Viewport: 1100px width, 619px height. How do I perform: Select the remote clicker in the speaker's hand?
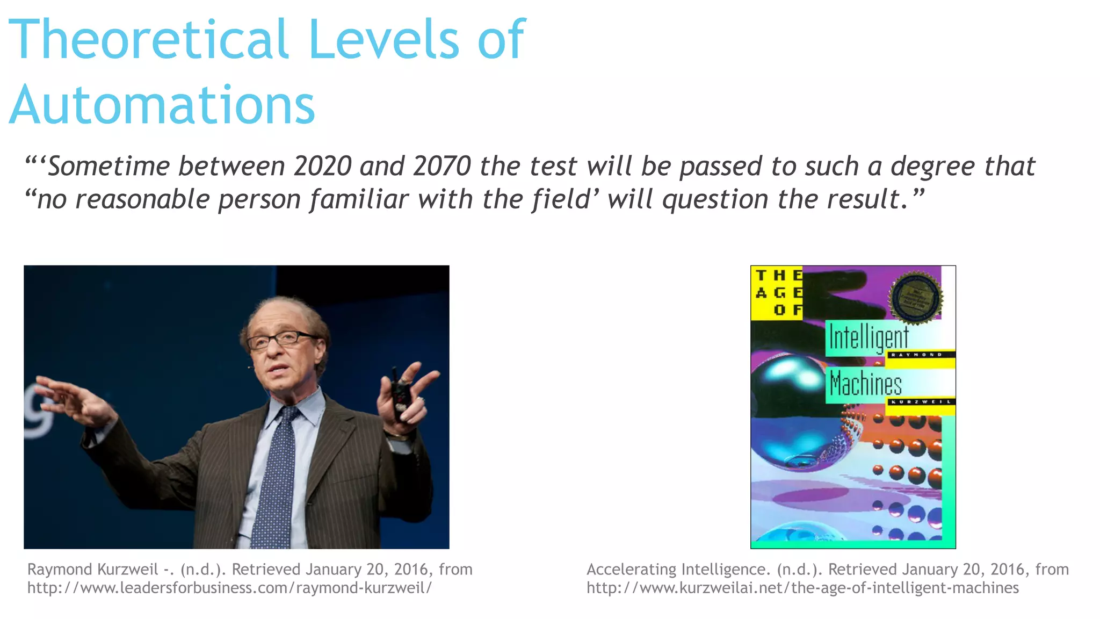click(400, 395)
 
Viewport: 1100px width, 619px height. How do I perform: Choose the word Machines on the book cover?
click(865, 384)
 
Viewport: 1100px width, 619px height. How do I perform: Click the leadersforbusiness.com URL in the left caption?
click(229, 588)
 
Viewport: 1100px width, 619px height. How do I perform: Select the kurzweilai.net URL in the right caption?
click(802, 588)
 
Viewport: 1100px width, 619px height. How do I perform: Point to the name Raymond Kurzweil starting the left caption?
click(92, 569)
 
